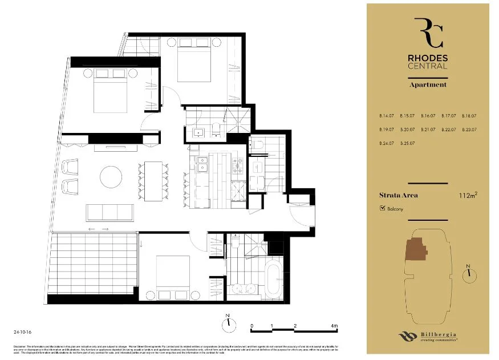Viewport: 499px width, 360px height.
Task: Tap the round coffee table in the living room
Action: click(111, 177)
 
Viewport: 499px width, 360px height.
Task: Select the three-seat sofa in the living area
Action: click(109, 212)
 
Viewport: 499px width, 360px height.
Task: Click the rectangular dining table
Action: click(153, 181)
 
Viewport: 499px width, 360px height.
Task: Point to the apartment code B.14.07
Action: click(386, 116)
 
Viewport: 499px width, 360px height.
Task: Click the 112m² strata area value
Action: click(467, 196)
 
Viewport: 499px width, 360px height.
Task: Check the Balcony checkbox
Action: click(382, 209)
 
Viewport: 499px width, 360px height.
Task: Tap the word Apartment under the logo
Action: click(428, 84)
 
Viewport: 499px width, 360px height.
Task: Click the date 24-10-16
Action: click(22, 331)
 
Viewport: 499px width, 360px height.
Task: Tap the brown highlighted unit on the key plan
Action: click(415, 249)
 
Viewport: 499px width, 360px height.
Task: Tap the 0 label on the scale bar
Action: click(252, 326)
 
